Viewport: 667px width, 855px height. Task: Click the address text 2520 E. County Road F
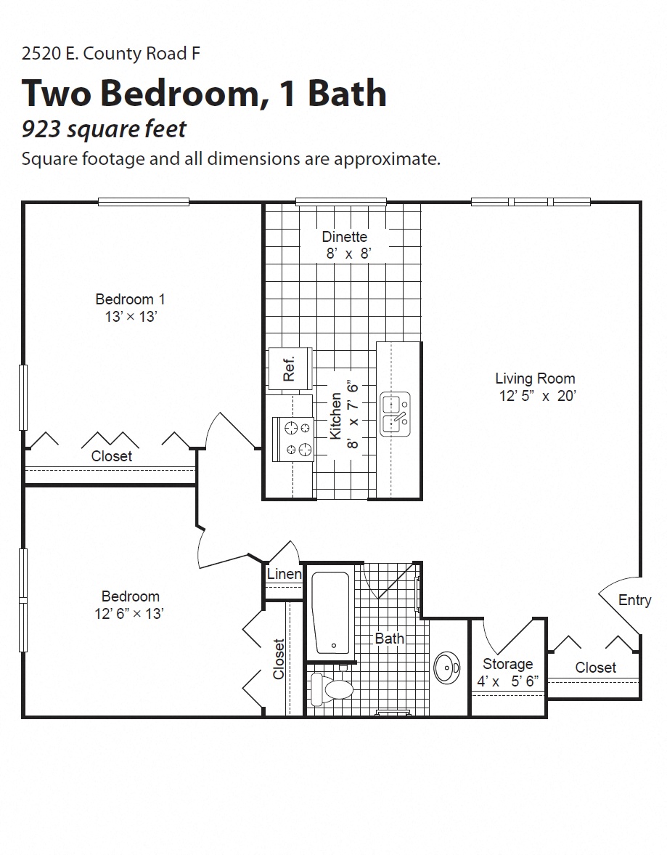tap(111, 54)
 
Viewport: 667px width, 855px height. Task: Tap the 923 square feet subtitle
tap(104, 129)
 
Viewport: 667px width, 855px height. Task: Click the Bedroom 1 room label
tap(130, 299)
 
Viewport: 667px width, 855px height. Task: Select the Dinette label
tap(345, 237)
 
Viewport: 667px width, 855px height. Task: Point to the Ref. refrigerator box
tap(290, 368)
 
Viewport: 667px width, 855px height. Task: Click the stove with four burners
tap(293, 439)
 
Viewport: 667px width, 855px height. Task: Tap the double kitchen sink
tap(396, 414)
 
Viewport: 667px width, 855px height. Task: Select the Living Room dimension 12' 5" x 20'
tap(537, 397)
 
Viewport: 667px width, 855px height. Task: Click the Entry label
tap(634, 600)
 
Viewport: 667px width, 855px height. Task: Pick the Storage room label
tap(507, 664)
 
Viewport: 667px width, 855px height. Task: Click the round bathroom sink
tap(446, 667)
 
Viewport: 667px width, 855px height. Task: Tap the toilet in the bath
tap(331, 687)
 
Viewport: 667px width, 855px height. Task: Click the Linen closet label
tap(284, 574)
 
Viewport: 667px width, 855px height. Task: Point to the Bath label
tap(390, 639)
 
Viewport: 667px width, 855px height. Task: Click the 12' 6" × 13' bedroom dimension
tap(129, 614)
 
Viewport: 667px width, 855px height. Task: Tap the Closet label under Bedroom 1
tap(112, 456)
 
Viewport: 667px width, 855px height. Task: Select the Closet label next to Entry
tap(595, 668)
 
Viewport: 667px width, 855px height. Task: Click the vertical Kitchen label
tap(336, 416)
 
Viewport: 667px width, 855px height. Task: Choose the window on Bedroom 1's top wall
tap(144, 202)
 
